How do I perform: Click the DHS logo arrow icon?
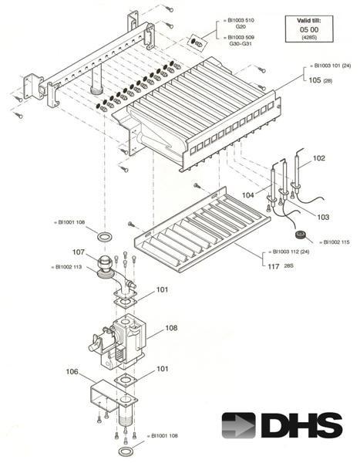pyautogui.click(x=238, y=425)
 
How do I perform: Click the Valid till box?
pyautogui.click(x=309, y=29)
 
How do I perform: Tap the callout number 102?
pyautogui.click(x=318, y=158)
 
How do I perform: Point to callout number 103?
pyautogui.click(x=323, y=217)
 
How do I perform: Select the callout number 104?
pyautogui.click(x=248, y=195)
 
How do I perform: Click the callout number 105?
pyautogui.click(x=315, y=80)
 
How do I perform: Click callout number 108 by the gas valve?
pyautogui.click(x=171, y=328)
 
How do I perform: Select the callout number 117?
pyautogui.click(x=274, y=266)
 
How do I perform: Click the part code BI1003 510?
pyautogui.click(x=241, y=20)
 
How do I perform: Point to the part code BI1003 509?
pyautogui.click(x=241, y=38)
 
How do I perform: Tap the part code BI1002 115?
pyautogui.click(x=337, y=242)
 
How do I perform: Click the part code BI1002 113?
pyautogui.click(x=69, y=267)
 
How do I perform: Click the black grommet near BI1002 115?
pyautogui.click(x=301, y=235)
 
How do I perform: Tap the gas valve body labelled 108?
pyautogui.click(x=122, y=343)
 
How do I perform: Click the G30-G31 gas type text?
pyautogui.click(x=241, y=44)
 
